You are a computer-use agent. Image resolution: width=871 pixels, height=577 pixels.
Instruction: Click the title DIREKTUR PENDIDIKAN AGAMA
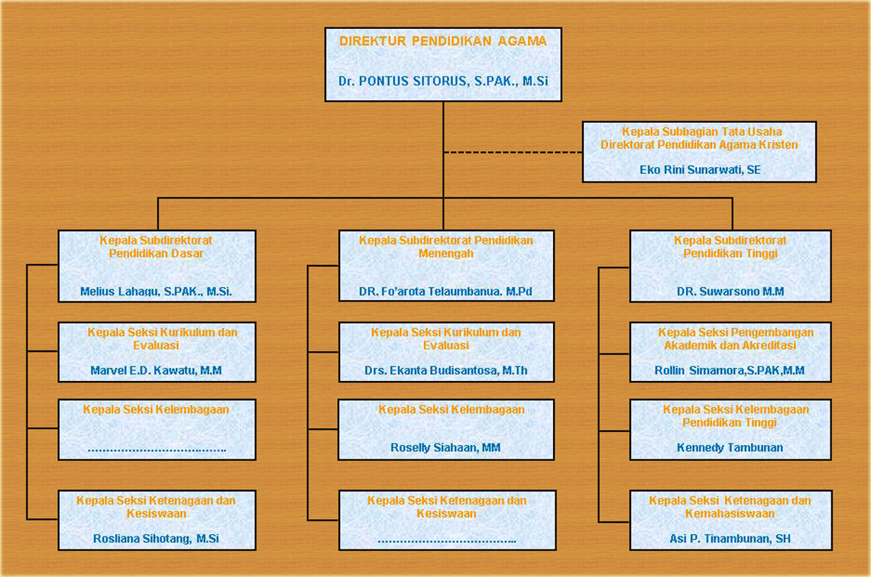tap(442, 41)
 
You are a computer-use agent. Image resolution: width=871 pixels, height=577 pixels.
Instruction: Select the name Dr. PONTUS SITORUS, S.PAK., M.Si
tap(442, 81)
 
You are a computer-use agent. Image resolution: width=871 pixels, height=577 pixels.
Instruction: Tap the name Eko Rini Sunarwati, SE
tap(700, 169)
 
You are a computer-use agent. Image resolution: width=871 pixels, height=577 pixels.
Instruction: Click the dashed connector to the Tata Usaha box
tap(513, 152)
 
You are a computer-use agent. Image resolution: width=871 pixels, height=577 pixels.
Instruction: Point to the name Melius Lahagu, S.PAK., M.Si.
tap(156, 292)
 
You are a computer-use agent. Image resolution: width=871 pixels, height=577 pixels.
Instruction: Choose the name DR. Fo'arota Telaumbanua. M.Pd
tap(445, 292)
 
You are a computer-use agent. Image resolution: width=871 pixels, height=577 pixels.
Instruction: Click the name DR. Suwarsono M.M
tap(730, 292)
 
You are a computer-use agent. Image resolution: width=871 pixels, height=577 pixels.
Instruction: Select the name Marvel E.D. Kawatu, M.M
tap(156, 370)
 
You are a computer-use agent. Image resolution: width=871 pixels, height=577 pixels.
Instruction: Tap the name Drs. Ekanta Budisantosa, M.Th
tap(446, 370)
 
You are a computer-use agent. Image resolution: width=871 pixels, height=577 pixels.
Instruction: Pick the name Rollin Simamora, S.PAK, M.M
tap(730, 370)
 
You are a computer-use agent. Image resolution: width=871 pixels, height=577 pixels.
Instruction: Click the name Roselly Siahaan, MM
tap(445, 447)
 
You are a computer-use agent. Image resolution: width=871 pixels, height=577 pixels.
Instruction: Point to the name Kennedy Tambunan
tap(730, 447)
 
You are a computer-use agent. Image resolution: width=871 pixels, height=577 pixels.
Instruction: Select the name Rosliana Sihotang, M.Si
tap(156, 538)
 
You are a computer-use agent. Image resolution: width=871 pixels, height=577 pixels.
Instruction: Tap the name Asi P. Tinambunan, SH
tap(730, 538)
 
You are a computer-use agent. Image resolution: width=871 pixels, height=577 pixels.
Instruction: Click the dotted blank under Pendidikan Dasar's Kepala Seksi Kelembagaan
tap(157, 450)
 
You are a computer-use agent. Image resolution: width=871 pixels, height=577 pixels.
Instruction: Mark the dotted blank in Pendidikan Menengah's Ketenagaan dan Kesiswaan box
tap(447, 541)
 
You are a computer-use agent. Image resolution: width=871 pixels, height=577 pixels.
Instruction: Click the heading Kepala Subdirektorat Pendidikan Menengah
tap(446, 247)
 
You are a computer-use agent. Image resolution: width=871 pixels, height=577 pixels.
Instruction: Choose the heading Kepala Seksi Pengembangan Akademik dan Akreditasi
tap(736, 339)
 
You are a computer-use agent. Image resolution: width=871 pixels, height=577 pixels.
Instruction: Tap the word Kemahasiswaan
tap(730, 514)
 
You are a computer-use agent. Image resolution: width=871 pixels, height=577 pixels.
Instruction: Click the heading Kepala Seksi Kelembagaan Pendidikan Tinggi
tap(736, 416)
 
